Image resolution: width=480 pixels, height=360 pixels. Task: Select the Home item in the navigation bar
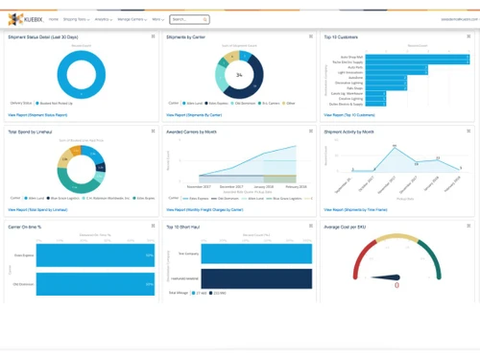[55, 19]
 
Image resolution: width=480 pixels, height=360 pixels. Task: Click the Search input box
[189, 19]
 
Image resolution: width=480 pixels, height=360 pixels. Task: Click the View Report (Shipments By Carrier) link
[200, 113]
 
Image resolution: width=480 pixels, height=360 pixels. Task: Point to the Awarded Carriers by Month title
[200, 132]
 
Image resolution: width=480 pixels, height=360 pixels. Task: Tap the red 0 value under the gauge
[396, 284]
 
